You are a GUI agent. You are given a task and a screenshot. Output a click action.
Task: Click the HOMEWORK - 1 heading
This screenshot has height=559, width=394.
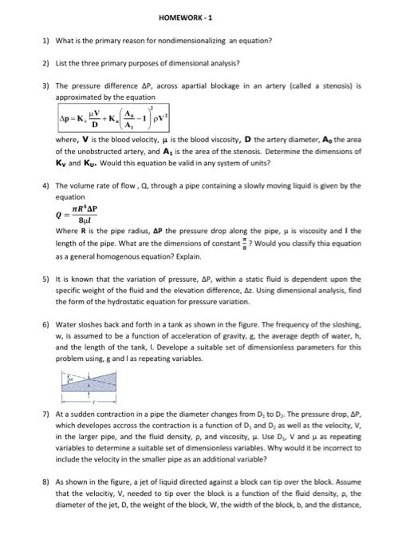click(197, 17)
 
